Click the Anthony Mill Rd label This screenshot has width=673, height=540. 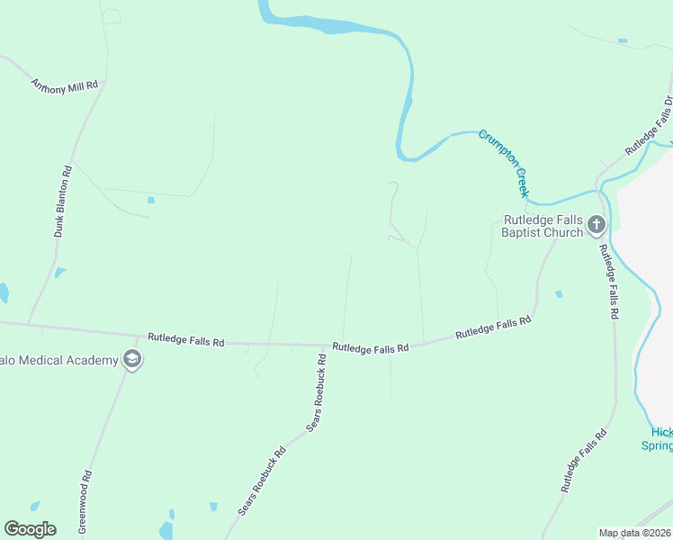[x=64, y=86]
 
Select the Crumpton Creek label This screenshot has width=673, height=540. [x=503, y=163]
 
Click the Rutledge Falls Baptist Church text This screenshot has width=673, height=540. [x=542, y=226]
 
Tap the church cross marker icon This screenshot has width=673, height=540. [x=596, y=224]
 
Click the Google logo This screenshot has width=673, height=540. [x=30, y=529]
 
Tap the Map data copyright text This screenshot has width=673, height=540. [x=634, y=533]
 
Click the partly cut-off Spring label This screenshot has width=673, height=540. [x=657, y=445]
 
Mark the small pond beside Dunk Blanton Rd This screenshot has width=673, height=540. [x=59, y=273]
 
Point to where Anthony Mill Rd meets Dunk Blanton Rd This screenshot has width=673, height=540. [x=104, y=83]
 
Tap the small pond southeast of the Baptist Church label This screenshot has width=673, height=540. [x=559, y=293]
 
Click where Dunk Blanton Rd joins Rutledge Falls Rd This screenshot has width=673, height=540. [x=29, y=324]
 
